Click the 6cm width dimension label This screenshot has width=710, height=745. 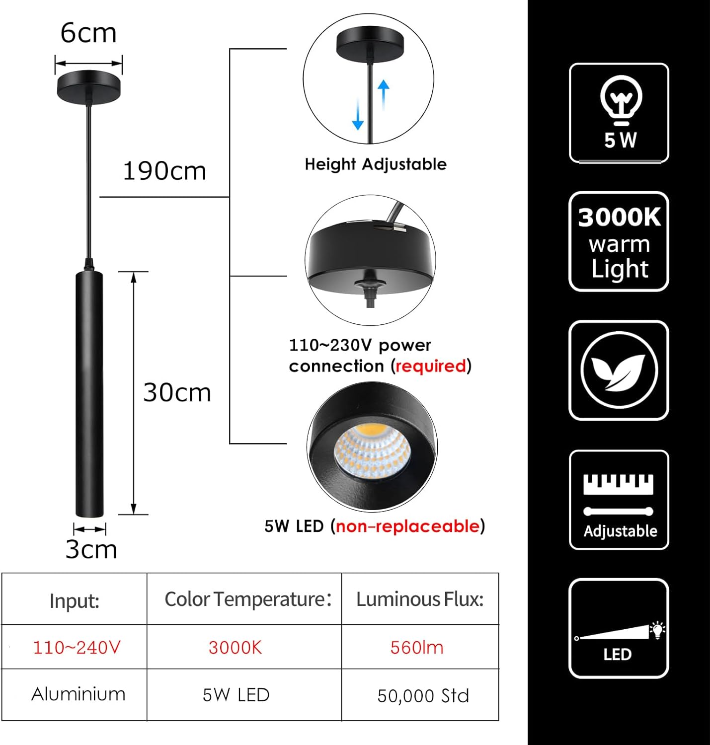tap(88, 34)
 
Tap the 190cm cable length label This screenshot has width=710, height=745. tap(164, 171)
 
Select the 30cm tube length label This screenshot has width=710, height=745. tap(177, 393)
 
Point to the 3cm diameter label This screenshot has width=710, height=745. tap(91, 549)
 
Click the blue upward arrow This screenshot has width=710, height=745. tap(384, 94)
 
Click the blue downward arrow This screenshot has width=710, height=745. tap(358, 114)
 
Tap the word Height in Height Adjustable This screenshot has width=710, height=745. tap(330, 164)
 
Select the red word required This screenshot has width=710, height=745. tap(431, 366)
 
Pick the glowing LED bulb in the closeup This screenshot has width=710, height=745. tap(372, 450)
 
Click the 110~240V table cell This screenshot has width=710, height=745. tap(77, 648)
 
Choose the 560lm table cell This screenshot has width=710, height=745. tap(417, 648)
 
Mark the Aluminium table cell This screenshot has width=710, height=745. tap(79, 694)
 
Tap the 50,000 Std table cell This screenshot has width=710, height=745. tap(423, 696)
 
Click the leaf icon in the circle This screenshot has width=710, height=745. tap(619, 371)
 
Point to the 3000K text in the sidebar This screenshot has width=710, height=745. tap(619, 218)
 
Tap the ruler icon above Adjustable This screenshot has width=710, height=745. tap(619, 485)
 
